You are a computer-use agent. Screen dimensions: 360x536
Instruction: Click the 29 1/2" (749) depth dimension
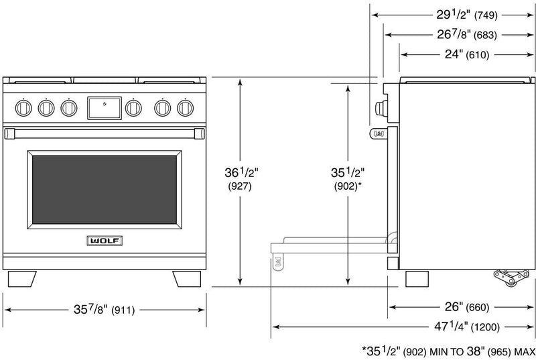pyautogui.click(x=462, y=13)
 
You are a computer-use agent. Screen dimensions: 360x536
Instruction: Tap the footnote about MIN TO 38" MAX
pyautogui.click(x=445, y=350)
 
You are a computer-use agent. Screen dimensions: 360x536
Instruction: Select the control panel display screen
pyautogui.click(x=105, y=106)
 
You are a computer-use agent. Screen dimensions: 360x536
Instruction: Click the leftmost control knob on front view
pyautogui.click(x=25, y=106)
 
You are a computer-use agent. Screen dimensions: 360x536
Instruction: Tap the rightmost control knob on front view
pyautogui.click(x=184, y=106)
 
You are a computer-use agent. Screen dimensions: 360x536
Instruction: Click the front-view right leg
pyautogui.click(x=187, y=278)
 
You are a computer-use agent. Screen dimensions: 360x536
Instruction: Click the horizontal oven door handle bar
pyautogui.click(x=104, y=133)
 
